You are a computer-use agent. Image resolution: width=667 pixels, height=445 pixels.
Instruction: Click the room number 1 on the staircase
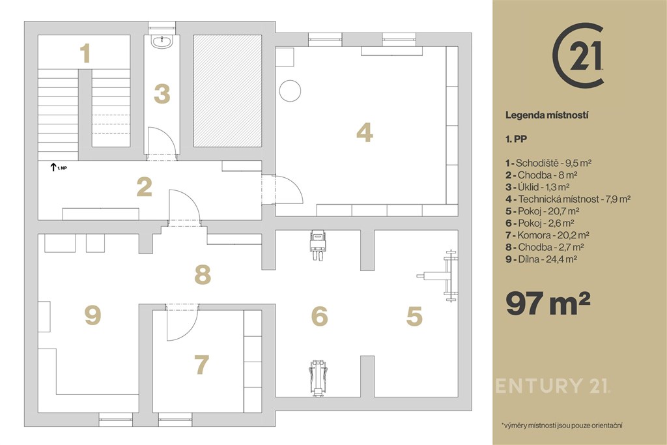coord(85,53)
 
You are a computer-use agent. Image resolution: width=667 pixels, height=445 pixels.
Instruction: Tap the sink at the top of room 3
coord(162,42)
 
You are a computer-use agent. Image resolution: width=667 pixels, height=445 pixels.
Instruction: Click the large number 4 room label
coord(365,132)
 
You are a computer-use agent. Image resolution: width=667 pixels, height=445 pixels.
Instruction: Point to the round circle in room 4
coord(290,91)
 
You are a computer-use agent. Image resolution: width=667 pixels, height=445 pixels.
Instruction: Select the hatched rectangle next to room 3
coord(227,91)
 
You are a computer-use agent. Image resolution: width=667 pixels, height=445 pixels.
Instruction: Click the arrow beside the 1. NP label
coord(53,167)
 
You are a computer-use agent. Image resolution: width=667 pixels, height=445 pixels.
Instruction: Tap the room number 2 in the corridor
coord(145,187)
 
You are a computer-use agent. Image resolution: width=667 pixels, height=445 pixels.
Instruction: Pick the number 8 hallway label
coord(203,274)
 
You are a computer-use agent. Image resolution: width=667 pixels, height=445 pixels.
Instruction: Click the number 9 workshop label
coord(92,315)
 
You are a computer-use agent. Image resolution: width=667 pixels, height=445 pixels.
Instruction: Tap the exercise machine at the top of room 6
coord(318,245)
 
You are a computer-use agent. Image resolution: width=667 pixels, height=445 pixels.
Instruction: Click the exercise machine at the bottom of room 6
coord(318,378)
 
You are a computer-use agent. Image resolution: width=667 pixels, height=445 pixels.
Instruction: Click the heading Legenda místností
coord(547,115)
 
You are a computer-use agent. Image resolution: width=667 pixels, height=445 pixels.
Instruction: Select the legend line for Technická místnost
coord(568,199)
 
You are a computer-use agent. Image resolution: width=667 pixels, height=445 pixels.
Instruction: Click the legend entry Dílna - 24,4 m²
coord(541,259)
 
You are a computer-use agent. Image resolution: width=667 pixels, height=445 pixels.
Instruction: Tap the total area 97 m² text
coord(548,302)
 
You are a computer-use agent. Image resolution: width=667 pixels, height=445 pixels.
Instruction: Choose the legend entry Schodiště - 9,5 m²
coord(548,163)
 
